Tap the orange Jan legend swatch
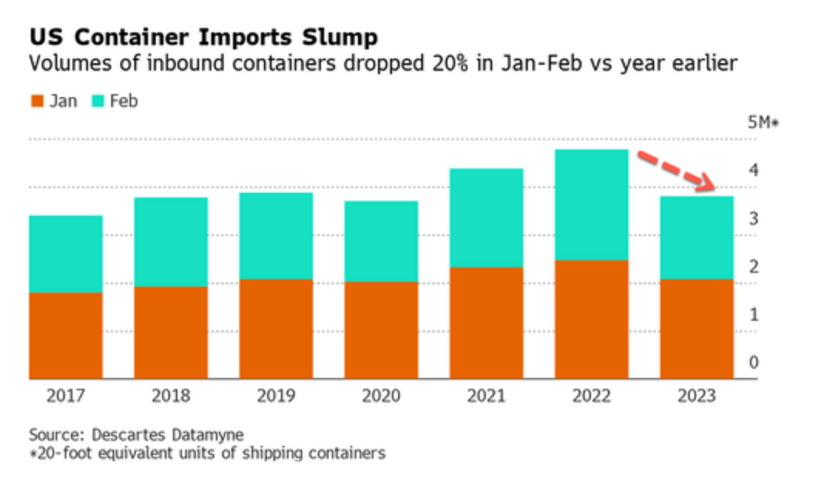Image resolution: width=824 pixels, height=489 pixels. click(35, 101)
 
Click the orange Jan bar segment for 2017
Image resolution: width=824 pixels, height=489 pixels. click(66, 336)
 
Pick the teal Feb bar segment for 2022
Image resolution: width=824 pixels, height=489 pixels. click(591, 204)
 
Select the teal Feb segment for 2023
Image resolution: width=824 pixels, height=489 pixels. click(696, 237)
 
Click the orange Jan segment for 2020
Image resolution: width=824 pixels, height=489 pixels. click(381, 330)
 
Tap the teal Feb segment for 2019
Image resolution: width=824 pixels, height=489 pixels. click(276, 235)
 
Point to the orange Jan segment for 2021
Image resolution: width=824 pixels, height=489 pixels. click(486, 322)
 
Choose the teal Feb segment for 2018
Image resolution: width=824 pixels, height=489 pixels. click(171, 241)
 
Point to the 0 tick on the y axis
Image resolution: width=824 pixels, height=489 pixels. click(753, 362)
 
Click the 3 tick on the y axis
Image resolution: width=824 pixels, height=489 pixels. click(753, 219)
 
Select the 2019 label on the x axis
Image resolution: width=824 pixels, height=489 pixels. click(275, 396)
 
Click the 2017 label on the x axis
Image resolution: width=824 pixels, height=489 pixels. click(66, 396)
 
